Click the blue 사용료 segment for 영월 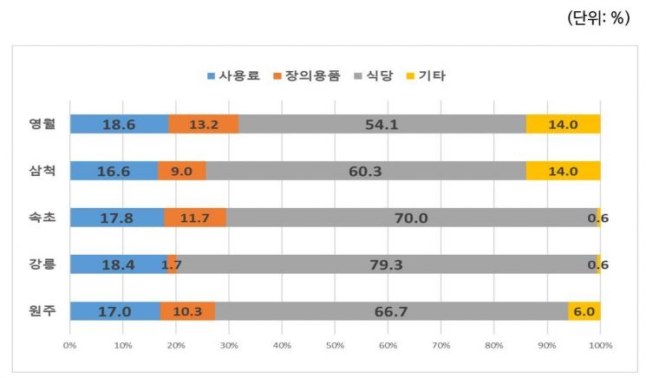(x=119, y=124)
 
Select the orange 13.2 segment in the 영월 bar (x=204, y=124)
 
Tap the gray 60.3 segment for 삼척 (x=365, y=171)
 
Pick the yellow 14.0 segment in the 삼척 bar (x=563, y=171)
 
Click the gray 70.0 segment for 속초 (x=411, y=218)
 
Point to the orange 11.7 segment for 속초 (x=195, y=218)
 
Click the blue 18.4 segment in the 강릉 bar (x=118, y=264)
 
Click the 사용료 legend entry (x=234, y=75)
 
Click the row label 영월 (x=42, y=124)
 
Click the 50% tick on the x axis (x=335, y=345)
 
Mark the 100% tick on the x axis (x=600, y=345)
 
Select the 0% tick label (x=69, y=345)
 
